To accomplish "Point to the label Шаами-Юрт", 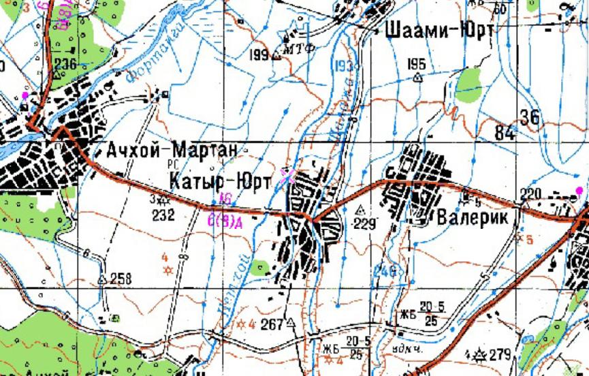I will click(440, 31).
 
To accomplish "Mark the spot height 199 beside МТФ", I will click(259, 54).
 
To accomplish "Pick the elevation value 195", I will click(416, 64).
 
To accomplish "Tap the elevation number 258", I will click(121, 278).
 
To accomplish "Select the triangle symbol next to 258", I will click(103, 279).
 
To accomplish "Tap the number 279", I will click(499, 355).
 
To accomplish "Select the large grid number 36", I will click(529, 117).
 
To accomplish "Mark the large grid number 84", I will click(505, 134).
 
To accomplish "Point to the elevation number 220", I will click(530, 194).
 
